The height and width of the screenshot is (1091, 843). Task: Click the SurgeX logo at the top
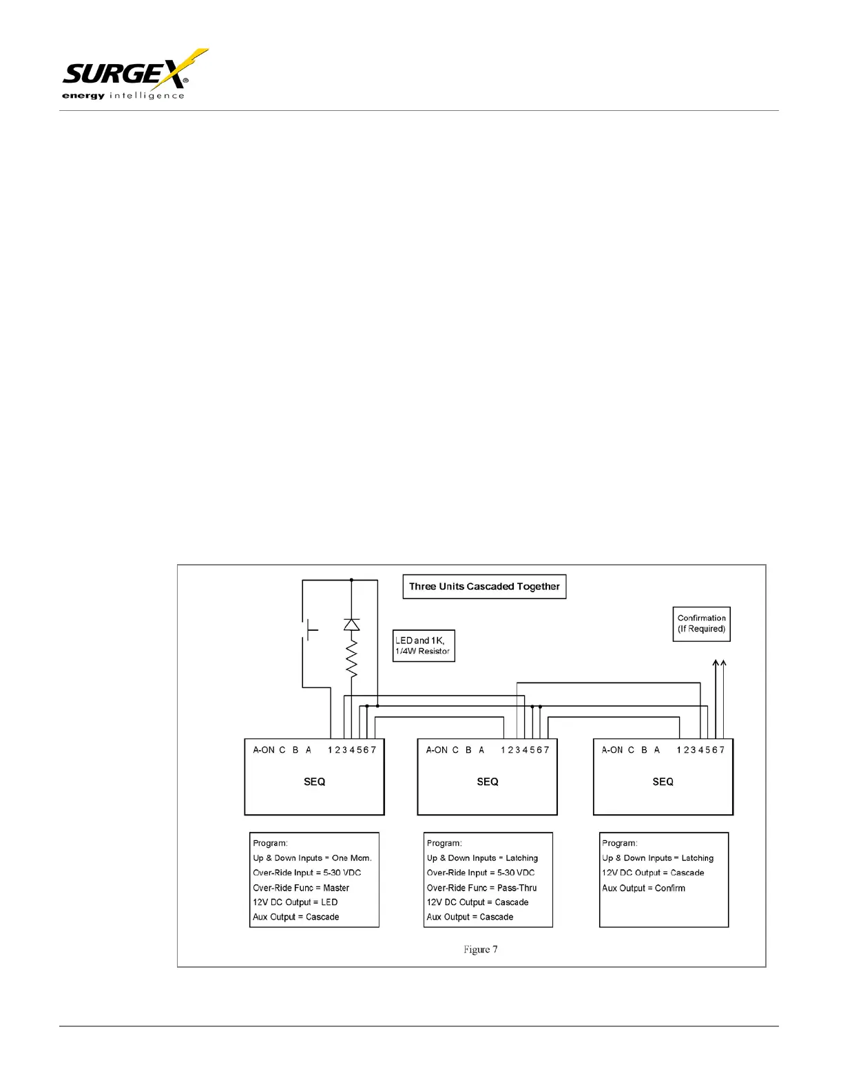point(131,74)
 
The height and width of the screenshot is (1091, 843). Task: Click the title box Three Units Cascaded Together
point(484,587)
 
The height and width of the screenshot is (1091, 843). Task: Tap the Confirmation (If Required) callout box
point(701,624)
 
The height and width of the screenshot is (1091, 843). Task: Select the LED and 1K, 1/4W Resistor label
point(424,646)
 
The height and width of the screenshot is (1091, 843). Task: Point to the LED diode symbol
point(351,625)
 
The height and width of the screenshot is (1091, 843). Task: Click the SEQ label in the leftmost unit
point(314,782)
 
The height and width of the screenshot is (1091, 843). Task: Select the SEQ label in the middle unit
point(487,782)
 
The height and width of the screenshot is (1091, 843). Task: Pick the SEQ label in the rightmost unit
point(663,782)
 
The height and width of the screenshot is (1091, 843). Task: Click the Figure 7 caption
point(480,950)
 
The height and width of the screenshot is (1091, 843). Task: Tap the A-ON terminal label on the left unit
point(263,750)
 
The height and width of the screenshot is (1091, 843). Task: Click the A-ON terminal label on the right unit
point(612,750)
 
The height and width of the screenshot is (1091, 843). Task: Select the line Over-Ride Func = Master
point(301,888)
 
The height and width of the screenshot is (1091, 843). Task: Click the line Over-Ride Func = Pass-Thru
point(481,888)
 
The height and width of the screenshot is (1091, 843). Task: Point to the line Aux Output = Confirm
point(643,888)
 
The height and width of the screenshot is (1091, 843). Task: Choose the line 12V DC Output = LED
point(295,902)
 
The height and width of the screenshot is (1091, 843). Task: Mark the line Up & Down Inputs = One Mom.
point(312,858)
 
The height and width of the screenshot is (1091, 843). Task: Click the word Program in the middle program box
point(444,843)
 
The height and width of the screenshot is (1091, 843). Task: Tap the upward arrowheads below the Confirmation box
point(719,664)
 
